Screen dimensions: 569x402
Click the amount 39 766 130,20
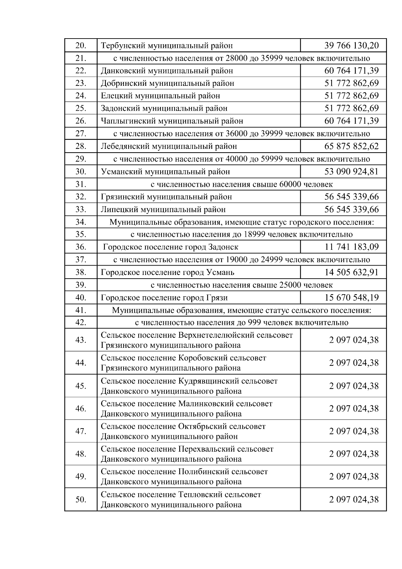click(351, 45)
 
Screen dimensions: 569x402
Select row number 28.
click(81, 146)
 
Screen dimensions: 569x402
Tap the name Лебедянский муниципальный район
click(169, 146)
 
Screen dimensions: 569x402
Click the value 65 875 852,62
click(351, 146)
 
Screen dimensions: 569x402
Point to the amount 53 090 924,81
click(351, 172)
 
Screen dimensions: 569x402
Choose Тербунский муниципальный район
click(166, 45)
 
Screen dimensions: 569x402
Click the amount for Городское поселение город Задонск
click(351, 247)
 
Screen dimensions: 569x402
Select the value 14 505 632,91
click(351, 272)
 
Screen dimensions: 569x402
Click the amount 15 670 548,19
click(351, 298)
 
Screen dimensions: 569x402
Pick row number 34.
click(81, 222)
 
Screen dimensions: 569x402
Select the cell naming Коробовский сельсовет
click(184, 363)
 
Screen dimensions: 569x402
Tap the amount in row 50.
click(354, 500)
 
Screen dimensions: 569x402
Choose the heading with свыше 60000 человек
click(242, 184)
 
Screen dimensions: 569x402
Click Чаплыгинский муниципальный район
click(172, 121)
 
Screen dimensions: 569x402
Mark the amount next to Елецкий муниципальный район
click(351, 96)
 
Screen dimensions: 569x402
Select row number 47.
click(81, 431)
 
